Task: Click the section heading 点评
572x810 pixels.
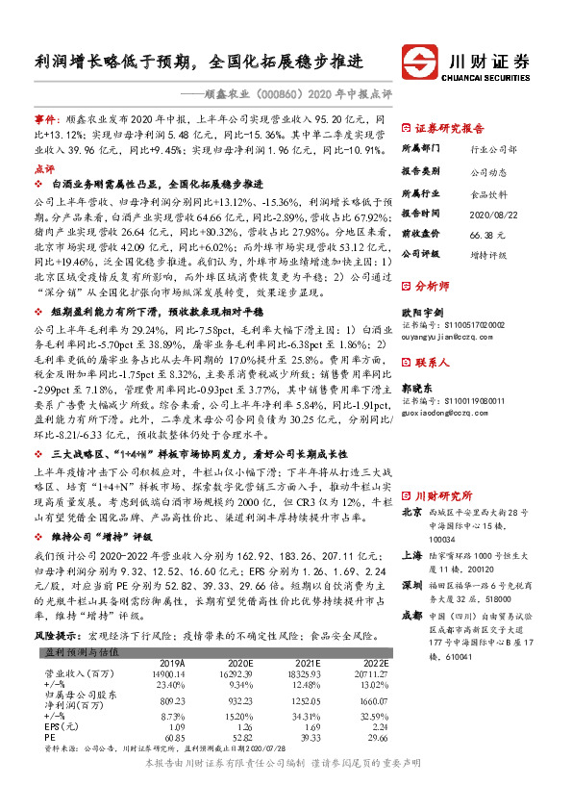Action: [x=45, y=166]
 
